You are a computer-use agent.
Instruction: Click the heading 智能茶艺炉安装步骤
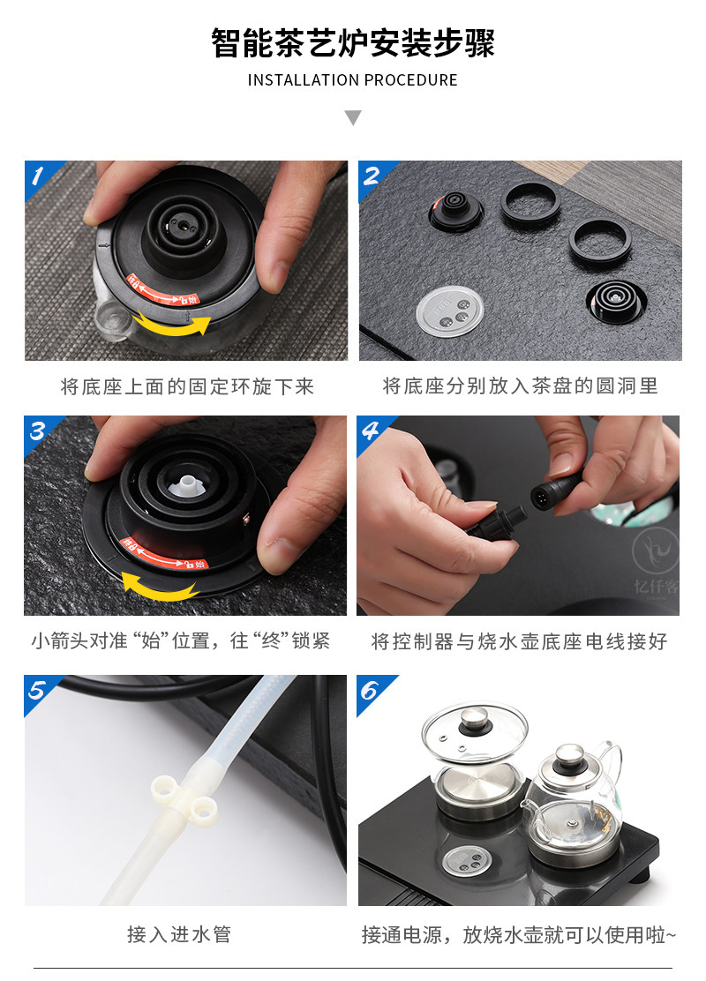[352, 44]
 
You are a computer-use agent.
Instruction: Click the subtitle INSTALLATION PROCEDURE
[352, 80]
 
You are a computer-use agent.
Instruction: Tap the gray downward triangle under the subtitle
[353, 117]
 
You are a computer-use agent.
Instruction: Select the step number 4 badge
[371, 431]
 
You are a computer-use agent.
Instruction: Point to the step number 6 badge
[371, 691]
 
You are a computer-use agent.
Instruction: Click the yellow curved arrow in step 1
[171, 325]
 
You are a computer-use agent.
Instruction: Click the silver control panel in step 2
[449, 311]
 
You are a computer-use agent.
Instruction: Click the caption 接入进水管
[179, 934]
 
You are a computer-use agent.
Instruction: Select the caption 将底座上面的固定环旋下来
[187, 386]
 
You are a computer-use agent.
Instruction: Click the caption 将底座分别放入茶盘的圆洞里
[520, 386]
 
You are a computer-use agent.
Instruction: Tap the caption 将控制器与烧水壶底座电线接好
[519, 641]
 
